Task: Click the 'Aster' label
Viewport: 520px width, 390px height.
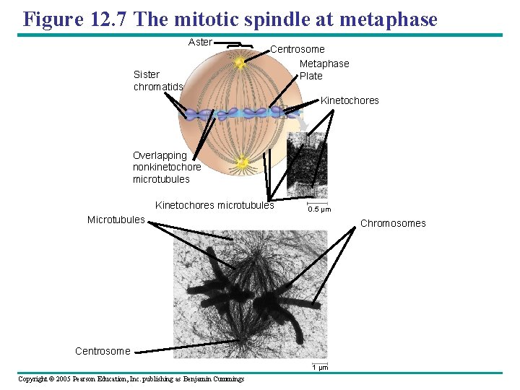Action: point(200,43)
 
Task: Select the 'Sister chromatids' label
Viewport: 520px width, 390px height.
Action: point(158,81)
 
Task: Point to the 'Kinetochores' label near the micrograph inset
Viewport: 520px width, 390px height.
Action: point(350,100)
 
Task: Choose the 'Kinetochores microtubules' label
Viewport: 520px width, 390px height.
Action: point(214,206)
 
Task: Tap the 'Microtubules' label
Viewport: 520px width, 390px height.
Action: point(116,220)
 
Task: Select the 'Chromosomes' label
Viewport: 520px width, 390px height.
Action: point(393,223)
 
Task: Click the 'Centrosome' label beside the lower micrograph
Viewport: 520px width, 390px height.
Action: point(103,352)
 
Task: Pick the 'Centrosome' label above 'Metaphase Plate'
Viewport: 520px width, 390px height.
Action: point(297,50)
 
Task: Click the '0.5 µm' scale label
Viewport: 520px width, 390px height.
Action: point(319,210)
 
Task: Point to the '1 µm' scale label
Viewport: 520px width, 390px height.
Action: point(320,368)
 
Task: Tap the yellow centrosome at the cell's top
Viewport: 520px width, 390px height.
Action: point(240,64)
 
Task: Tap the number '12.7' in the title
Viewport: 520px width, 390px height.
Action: point(108,19)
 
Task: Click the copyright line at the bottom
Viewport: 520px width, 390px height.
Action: point(131,379)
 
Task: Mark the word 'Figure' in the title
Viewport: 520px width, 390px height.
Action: point(53,19)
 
